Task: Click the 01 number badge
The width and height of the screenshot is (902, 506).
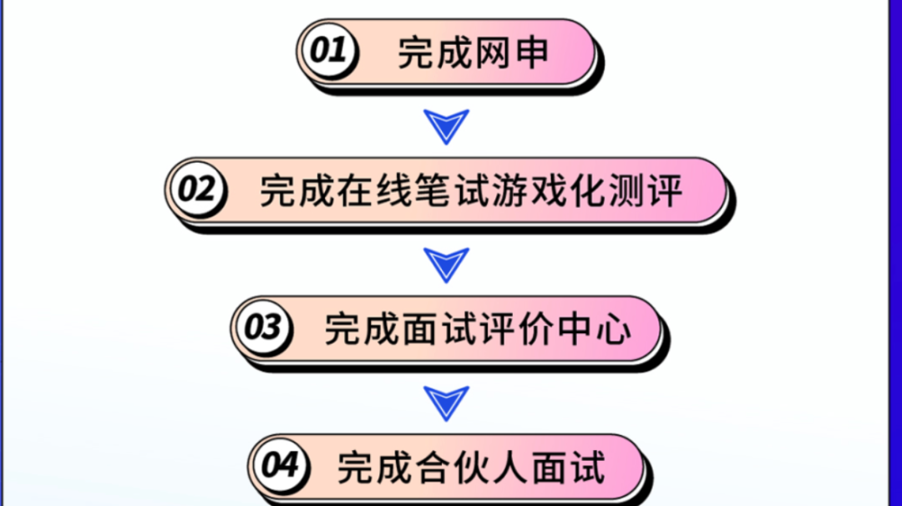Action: click(x=328, y=50)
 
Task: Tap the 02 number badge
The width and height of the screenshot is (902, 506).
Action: click(x=197, y=190)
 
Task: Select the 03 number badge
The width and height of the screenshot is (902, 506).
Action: click(x=262, y=327)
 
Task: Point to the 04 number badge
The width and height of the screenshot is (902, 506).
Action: click(x=279, y=465)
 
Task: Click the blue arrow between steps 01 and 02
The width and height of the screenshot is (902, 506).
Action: click(x=447, y=124)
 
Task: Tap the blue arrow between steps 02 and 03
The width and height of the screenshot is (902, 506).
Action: click(x=447, y=264)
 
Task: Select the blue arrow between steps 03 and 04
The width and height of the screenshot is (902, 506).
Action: click(x=447, y=402)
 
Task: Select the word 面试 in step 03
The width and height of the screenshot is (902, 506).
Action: click(x=428, y=329)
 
